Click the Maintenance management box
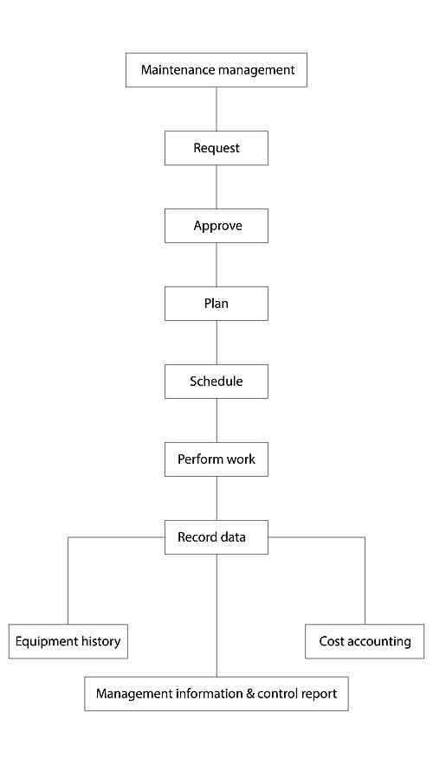click(x=216, y=70)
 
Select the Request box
click(x=216, y=148)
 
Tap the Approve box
click(x=216, y=226)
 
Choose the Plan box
click(x=216, y=304)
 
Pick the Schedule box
click(x=216, y=382)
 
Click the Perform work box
click(x=216, y=459)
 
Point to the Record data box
click(x=216, y=537)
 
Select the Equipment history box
click(x=68, y=642)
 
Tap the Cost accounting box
click(x=365, y=642)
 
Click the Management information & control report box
click(x=216, y=694)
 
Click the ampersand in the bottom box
click(x=250, y=693)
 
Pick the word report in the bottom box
click(x=320, y=694)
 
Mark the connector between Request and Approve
click(x=216, y=187)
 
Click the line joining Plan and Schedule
click(x=216, y=343)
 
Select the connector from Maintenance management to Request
click(x=216, y=109)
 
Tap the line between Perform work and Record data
click(x=216, y=498)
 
